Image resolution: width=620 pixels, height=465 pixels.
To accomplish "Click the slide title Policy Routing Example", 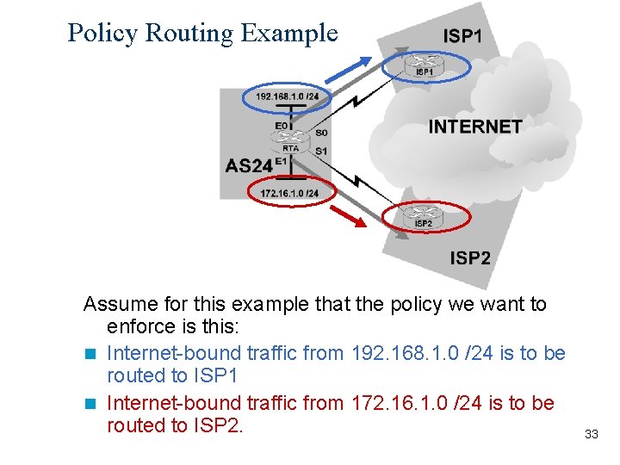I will pyautogui.click(x=202, y=33).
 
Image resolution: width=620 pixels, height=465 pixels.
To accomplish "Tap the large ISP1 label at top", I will pyautogui.click(x=462, y=36).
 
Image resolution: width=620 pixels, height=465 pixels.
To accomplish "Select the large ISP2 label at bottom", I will pyautogui.click(x=469, y=257).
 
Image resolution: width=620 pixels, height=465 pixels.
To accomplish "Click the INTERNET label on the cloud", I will pyautogui.click(x=475, y=127).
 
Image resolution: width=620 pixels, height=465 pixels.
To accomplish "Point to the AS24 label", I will pyautogui.click(x=249, y=165).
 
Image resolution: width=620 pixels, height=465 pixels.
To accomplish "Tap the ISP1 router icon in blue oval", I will pyautogui.click(x=425, y=61).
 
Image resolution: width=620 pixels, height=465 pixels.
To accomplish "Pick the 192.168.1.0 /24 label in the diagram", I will pyautogui.click(x=287, y=96).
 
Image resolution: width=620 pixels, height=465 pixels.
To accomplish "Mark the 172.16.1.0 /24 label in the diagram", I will pyautogui.click(x=289, y=193).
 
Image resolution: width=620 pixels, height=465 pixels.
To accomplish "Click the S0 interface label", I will pyautogui.click(x=321, y=133).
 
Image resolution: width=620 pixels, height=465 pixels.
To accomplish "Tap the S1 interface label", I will pyautogui.click(x=321, y=152).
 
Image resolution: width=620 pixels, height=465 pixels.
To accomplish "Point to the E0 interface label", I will pyautogui.click(x=282, y=126).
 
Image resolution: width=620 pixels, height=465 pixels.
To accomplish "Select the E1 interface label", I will pyautogui.click(x=281, y=161).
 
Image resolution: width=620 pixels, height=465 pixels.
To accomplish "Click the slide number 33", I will pyautogui.click(x=591, y=434).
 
